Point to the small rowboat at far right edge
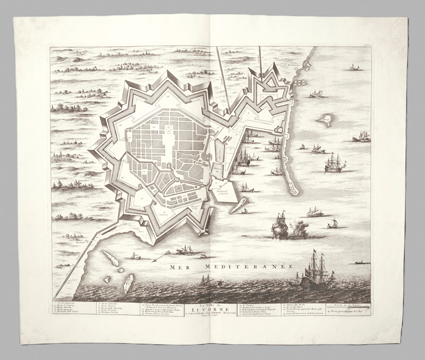(362, 262)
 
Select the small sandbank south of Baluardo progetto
(239, 205)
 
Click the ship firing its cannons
(280, 227)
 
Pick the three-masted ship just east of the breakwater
(334, 164)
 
